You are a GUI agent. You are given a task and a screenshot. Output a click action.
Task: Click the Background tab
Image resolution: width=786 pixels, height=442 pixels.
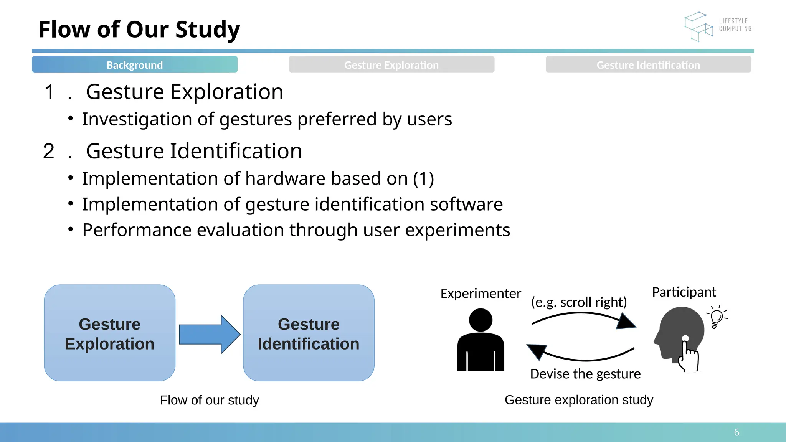134,64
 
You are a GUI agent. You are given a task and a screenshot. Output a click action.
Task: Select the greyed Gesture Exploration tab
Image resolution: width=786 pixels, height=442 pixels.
391,64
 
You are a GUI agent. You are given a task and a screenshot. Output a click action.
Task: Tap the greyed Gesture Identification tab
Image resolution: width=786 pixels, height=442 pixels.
648,64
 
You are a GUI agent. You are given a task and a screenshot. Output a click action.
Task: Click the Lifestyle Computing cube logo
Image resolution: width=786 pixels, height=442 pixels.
698,26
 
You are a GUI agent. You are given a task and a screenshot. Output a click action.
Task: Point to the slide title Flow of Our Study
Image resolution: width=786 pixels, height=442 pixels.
139,30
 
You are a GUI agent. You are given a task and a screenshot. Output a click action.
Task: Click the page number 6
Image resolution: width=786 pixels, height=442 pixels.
736,432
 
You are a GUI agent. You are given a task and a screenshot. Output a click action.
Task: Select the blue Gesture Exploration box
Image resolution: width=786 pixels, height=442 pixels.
110,333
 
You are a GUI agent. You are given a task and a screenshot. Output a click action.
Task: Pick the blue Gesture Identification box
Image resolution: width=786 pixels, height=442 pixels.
309,333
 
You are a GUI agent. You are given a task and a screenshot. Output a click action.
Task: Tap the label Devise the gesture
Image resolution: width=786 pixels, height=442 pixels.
585,374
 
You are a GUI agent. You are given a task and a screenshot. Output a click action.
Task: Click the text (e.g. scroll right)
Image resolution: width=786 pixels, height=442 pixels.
579,302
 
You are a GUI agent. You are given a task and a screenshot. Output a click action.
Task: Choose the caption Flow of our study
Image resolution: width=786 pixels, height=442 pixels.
209,400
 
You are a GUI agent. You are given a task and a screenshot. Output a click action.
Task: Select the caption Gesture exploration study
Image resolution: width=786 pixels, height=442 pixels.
579,400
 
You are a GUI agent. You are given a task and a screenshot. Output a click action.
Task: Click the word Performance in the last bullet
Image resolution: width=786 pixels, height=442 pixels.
137,230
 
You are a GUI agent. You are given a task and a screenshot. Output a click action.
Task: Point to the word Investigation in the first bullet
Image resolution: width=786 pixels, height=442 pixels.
137,119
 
